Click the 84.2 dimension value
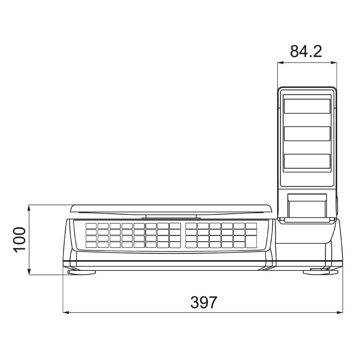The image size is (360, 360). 306,51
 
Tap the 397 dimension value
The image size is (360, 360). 203,302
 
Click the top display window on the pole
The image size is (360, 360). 307,106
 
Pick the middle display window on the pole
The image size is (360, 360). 307,133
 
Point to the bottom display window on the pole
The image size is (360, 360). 307,161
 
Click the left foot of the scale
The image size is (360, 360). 81,271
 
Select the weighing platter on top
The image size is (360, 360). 171,209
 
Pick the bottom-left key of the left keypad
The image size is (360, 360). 91,245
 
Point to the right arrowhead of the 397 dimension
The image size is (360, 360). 340,311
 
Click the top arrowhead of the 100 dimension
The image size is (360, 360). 29,207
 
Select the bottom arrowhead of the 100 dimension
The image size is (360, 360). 29,273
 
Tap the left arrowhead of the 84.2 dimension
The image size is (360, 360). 279,63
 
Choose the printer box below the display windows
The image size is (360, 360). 307,205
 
